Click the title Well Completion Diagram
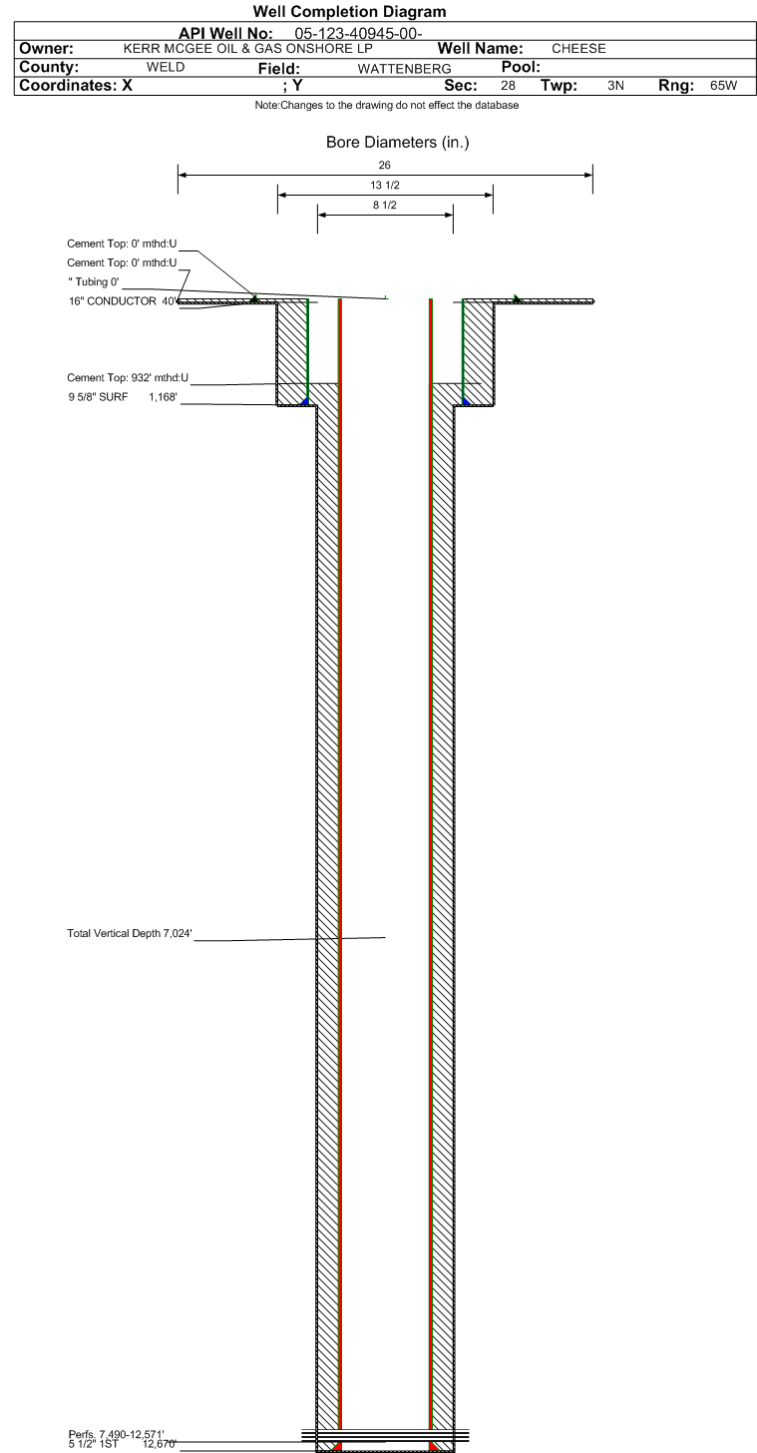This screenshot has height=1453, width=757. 349,12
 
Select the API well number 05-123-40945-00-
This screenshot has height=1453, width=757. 358,34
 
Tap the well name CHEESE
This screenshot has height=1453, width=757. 578,49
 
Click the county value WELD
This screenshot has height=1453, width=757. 166,67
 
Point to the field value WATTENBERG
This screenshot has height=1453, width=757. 404,69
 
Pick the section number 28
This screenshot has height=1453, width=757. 508,86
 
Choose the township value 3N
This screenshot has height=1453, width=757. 615,86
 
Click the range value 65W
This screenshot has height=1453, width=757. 723,86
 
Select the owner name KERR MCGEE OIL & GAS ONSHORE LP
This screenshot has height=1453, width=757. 247,49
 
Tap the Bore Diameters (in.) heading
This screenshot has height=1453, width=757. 397,142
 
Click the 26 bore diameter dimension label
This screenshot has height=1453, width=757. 384,166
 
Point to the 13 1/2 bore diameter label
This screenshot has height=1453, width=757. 385,186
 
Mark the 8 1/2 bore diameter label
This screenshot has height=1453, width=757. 385,206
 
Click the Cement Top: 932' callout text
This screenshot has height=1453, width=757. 128,377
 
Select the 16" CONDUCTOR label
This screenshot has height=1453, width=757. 113,301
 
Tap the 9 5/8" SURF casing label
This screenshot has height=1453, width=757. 98,397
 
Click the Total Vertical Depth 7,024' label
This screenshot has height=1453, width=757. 130,933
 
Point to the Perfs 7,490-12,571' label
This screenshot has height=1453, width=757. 116,1434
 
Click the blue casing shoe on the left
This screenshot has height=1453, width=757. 304,401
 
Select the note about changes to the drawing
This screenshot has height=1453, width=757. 386,105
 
